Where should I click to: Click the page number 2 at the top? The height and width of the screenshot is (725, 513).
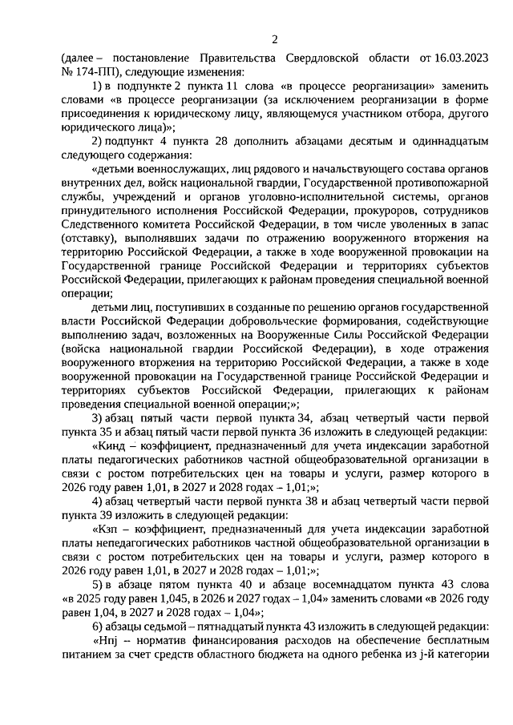coord(274,39)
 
